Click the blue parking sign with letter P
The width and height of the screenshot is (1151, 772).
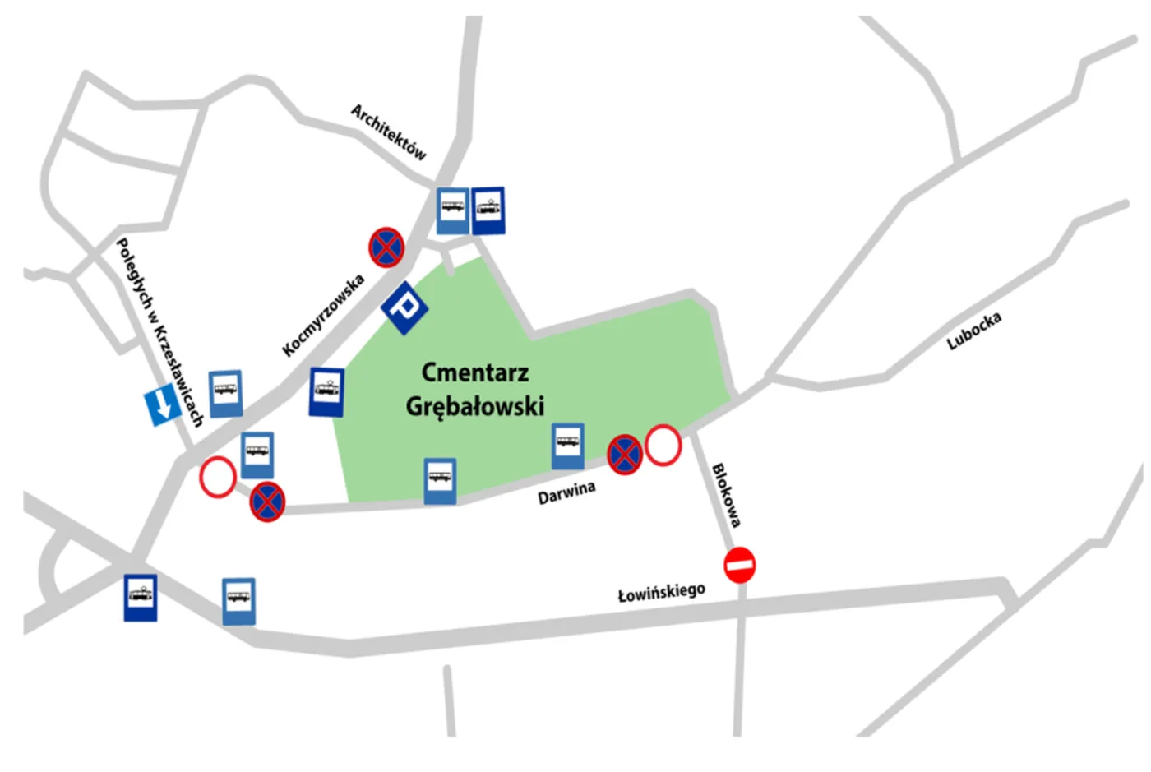(x=404, y=307)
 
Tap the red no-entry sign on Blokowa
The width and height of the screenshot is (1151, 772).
(x=739, y=566)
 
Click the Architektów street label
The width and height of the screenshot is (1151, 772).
(x=389, y=132)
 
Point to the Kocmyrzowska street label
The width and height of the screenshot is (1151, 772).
(x=323, y=317)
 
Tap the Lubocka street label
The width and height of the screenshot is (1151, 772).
(x=974, y=331)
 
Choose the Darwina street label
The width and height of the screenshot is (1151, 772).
(x=566, y=492)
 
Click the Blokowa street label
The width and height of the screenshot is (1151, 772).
(x=726, y=495)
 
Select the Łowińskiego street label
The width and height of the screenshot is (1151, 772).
(x=662, y=592)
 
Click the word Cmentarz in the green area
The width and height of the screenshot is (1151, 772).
(x=475, y=372)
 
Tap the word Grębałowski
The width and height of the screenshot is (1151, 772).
(x=475, y=406)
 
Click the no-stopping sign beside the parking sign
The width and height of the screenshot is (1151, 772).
(x=386, y=247)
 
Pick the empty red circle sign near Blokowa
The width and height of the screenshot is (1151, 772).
(x=663, y=445)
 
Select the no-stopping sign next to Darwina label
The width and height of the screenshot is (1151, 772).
(x=624, y=455)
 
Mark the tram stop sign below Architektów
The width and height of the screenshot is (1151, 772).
(x=488, y=210)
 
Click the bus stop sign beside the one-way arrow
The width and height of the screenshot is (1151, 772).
(x=225, y=393)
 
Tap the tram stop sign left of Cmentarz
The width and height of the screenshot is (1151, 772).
(x=326, y=391)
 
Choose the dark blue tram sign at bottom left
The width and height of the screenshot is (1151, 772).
(x=141, y=597)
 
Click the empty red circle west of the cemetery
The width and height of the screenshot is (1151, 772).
(x=218, y=477)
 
